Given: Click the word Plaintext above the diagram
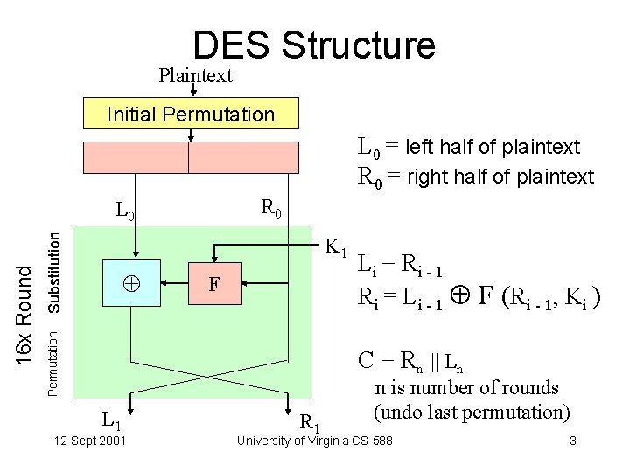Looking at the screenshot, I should click(x=195, y=76).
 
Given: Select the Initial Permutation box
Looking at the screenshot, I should click(x=190, y=115).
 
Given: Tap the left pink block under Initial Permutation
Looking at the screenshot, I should click(x=136, y=157).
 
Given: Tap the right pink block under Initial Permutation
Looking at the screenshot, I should click(x=244, y=157).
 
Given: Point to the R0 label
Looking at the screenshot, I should click(x=271, y=209).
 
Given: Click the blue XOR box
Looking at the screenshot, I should click(x=131, y=283).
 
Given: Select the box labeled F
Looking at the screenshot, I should click(x=213, y=283).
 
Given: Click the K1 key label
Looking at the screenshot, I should click(x=336, y=247).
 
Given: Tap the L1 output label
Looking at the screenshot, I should click(x=111, y=420).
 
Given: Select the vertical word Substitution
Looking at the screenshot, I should click(x=54, y=271).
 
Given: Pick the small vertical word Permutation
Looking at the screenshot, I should click(x=53, y=358).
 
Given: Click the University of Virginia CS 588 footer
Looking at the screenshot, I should click(x=315, y=441).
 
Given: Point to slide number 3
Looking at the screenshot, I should click(x=572, y=441).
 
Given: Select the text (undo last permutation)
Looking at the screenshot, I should click(x=472, y=411).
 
